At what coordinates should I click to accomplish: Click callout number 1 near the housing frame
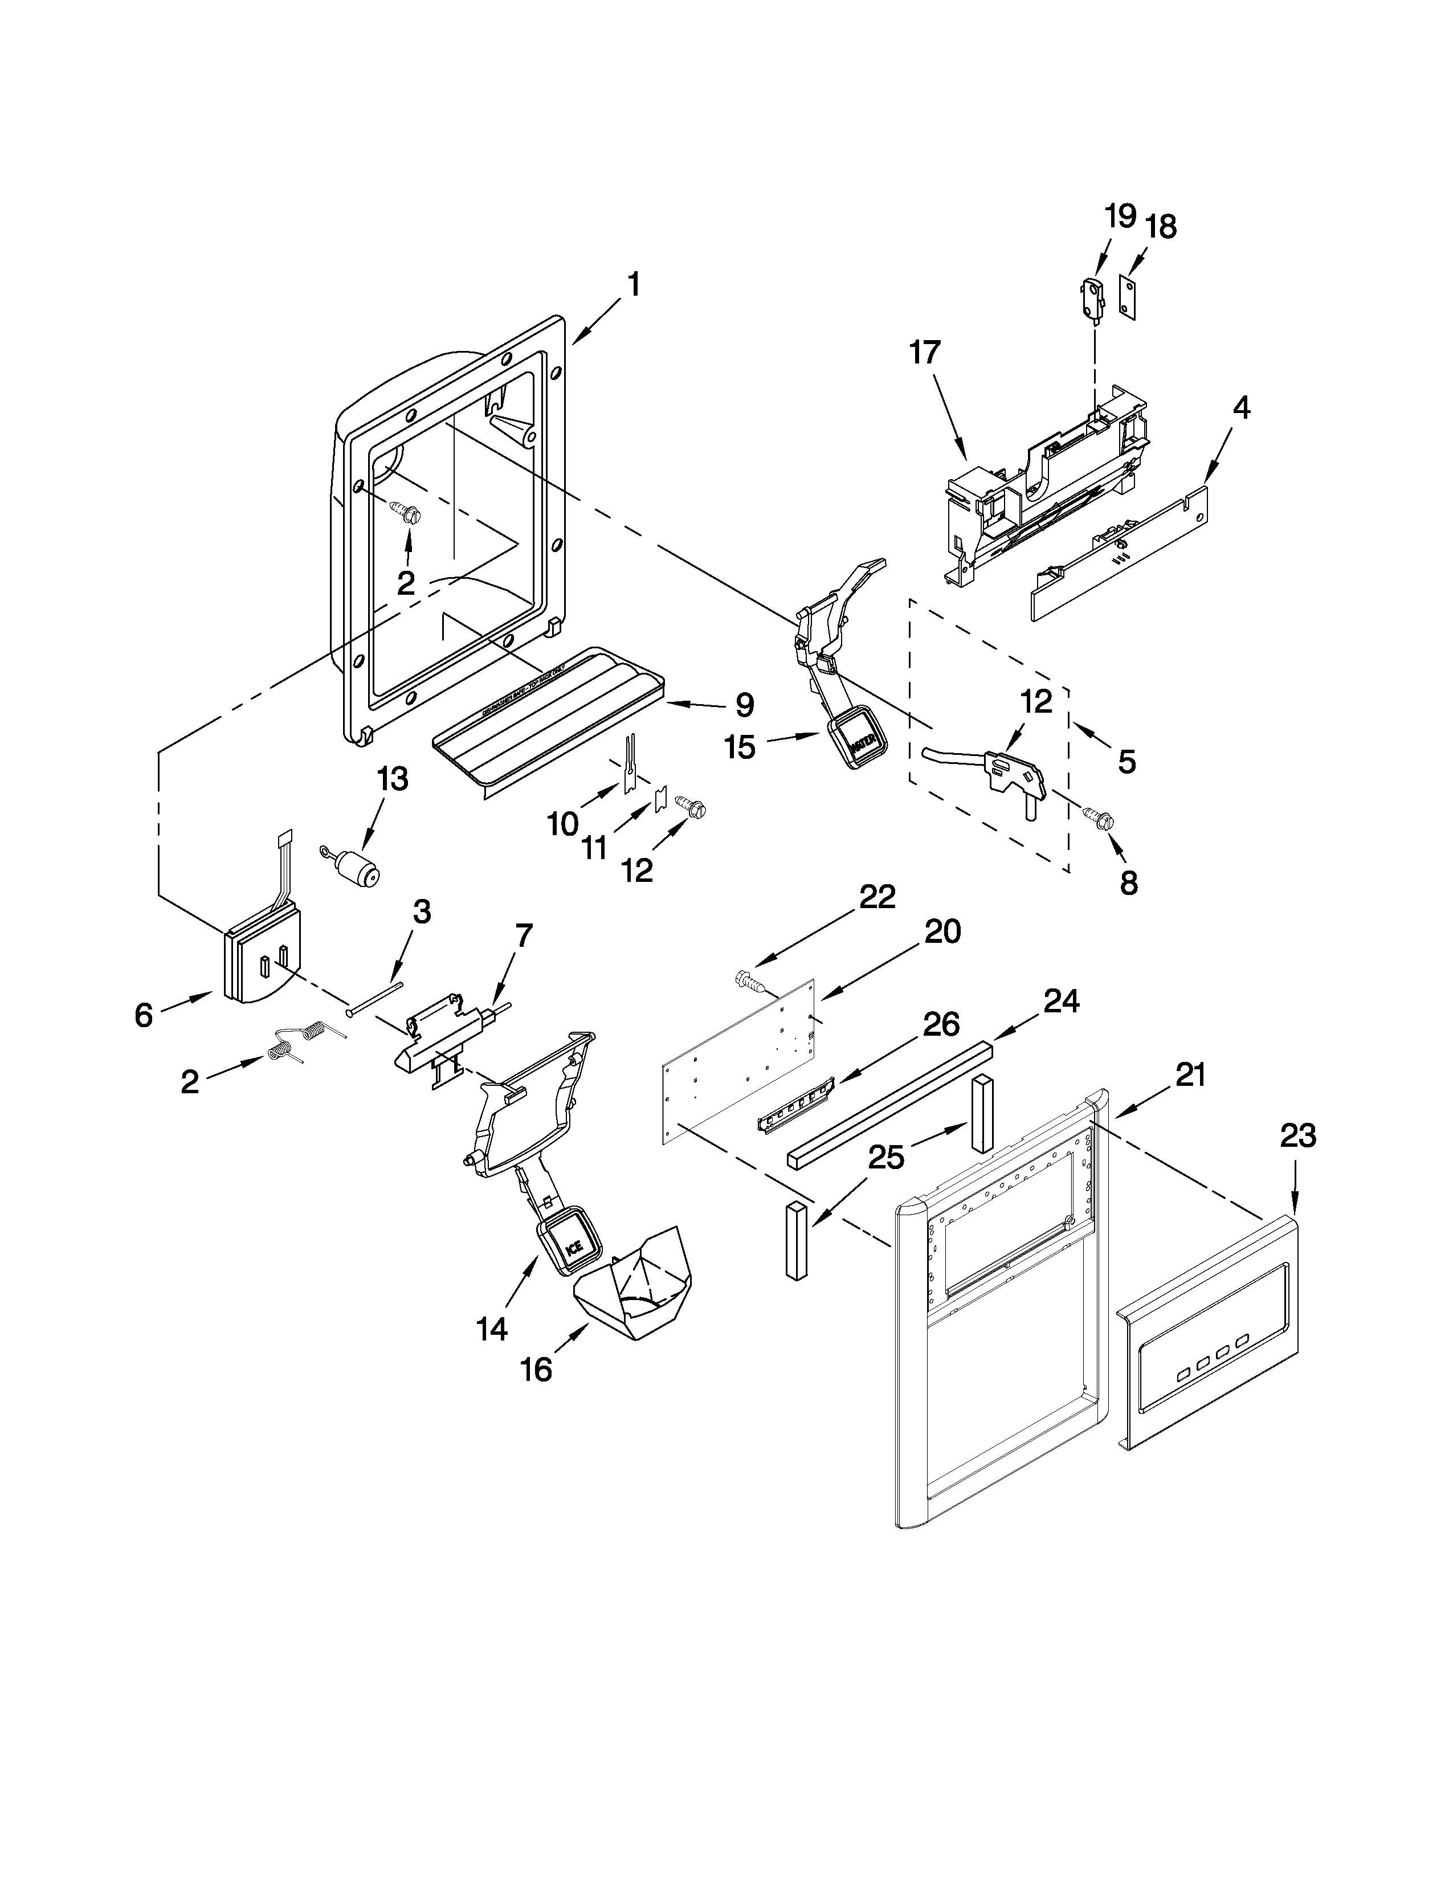(x=634, y=285)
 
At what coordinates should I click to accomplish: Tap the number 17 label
(x=925, y=353)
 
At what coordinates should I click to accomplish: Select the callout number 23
(x=1297, y=1137)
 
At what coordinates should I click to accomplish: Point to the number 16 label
(x=536, y=1370)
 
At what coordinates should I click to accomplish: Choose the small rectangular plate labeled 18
(x=1128, y=297)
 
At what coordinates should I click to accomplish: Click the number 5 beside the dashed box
(x=1127, y=761)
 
